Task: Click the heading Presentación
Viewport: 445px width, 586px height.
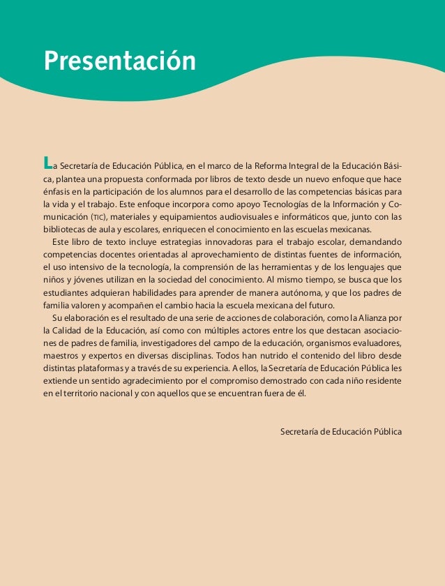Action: (119, 61)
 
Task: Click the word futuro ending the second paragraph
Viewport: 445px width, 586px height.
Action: (319, 304)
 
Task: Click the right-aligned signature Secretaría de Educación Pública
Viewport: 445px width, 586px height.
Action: (340, 432)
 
